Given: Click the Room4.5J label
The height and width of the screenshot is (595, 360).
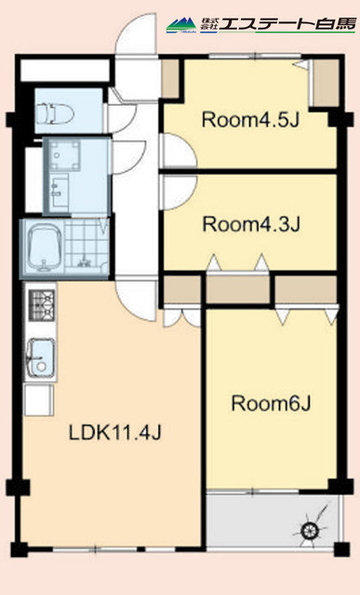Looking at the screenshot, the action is (x=251, y=120).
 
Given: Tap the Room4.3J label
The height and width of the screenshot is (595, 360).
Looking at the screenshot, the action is (x=251, y=224).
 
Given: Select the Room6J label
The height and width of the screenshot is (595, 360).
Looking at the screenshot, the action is (x=271, y=403).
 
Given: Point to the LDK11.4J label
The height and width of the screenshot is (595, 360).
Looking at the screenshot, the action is (x=115, y=433).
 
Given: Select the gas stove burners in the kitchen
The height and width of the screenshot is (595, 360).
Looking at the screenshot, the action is (x=42, y=306).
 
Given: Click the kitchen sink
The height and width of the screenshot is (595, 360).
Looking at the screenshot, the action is (x=40, y=357).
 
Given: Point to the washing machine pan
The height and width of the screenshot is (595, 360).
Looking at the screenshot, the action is (x=66, y=155).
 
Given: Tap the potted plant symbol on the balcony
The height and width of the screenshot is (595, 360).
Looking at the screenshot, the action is (x=311, y=529).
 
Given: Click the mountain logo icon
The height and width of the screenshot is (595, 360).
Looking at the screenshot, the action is (x=181, y=25).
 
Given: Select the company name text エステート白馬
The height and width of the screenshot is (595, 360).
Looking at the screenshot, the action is (x=287, y=24).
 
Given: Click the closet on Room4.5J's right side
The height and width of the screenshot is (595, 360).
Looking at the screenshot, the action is (x=325, y=83).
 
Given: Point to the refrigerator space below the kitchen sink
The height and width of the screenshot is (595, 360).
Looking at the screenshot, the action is (x=39, y=400).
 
